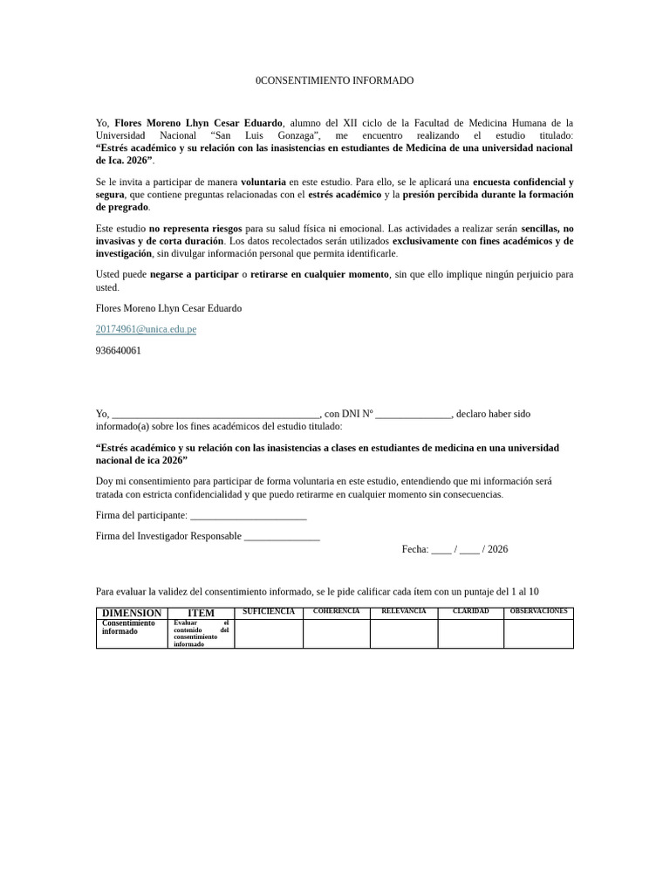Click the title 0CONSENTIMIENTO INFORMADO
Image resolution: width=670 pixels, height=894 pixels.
point(334,80)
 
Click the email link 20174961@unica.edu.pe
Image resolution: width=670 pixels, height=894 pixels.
point(146,329)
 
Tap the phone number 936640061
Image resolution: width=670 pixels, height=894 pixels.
point(118,350)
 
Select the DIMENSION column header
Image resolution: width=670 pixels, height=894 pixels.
point(131,613)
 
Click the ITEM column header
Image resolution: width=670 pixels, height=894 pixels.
point(201,613)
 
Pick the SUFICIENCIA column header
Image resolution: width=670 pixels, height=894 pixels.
point(269,611)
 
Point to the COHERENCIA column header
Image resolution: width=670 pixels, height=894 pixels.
point(336,611)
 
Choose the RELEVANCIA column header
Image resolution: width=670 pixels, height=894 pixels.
point(404,611)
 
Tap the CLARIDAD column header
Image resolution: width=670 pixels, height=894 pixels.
point(471,611)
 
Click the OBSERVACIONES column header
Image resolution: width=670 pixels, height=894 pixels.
point(538,611)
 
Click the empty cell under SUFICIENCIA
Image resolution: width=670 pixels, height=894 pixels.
point(269,634)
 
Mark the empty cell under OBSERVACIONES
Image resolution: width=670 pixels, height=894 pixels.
point(538,634)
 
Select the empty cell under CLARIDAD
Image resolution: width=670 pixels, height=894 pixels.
point(471,634)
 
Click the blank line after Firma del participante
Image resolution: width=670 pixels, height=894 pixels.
point(248,516)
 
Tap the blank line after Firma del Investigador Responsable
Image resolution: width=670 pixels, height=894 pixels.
point(282,536)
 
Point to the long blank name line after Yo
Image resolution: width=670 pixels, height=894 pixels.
point(216,414)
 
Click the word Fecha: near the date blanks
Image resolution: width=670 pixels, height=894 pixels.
point(414,549)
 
